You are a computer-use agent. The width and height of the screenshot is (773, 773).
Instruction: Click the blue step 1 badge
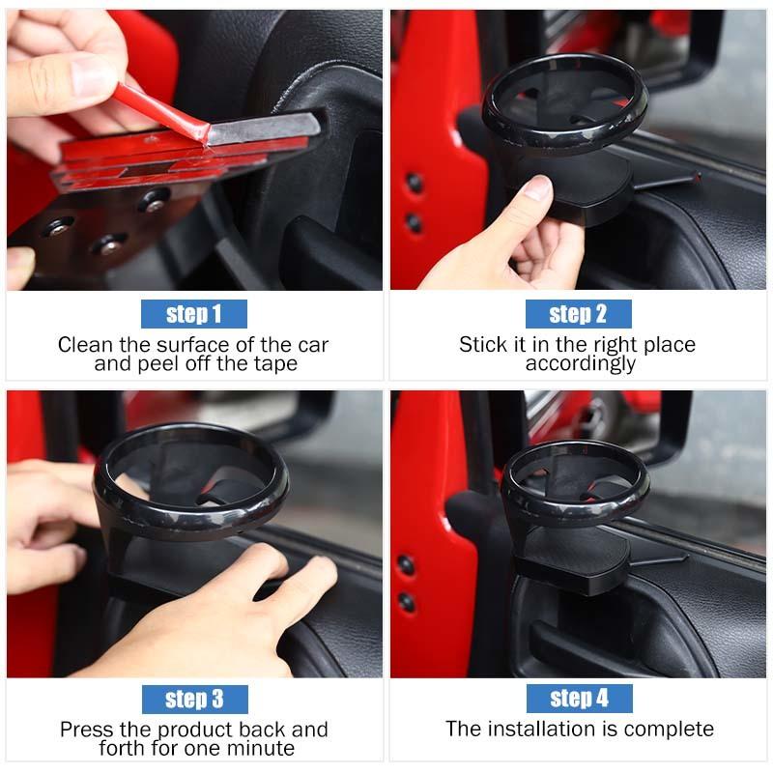tap(194, 314)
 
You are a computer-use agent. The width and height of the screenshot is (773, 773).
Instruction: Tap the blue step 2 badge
tap(578, 314)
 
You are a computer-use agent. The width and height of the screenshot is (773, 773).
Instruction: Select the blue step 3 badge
tap(195, 699)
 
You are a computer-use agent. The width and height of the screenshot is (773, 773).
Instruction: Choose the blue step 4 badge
tap(579, 699)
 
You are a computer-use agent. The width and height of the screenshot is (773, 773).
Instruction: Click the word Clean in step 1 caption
tap(85, 345)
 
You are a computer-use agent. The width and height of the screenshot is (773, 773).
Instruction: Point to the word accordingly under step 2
tap(581, 364)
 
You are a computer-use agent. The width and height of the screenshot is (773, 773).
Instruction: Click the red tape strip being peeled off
tap(162, 112)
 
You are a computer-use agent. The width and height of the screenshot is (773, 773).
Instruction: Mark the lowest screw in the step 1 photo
tap(109, 244)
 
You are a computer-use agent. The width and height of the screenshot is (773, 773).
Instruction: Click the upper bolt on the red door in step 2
tap(415, 183)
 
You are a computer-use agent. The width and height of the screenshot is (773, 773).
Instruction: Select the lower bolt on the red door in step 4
tap(407, 602)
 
